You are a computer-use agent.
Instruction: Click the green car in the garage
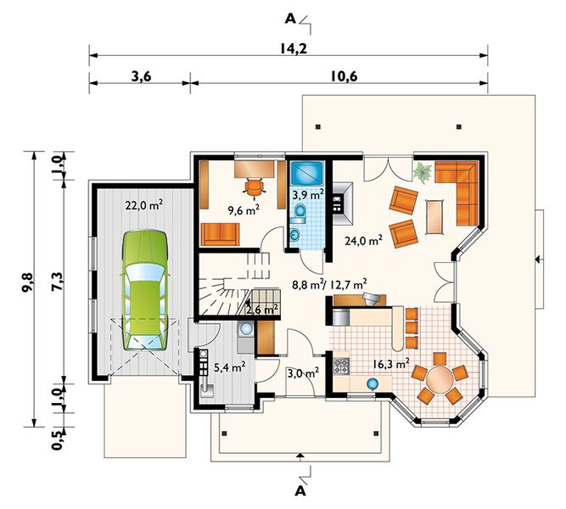tap(145, 291)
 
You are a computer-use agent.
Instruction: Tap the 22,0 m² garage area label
tap(144, 205)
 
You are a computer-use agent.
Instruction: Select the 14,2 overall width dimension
tap(294, 48)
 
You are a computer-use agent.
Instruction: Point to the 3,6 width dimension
tap(141, 76)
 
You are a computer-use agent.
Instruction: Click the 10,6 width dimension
tap(344, 76)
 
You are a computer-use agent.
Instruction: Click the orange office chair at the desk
tap(254, 187)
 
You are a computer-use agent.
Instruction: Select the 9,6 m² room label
tap(244, 210)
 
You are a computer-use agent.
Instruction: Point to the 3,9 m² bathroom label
tap(307, 195)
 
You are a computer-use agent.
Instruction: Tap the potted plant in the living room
tap(423, 172)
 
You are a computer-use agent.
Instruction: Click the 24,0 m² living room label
tap(363, 240)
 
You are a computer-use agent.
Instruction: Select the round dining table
tap(440, 379)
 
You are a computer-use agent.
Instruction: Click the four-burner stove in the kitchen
tap(341, 366)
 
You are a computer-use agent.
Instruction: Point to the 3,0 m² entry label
tap(303, 372)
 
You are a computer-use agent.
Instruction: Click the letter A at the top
tap(290, 19)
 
